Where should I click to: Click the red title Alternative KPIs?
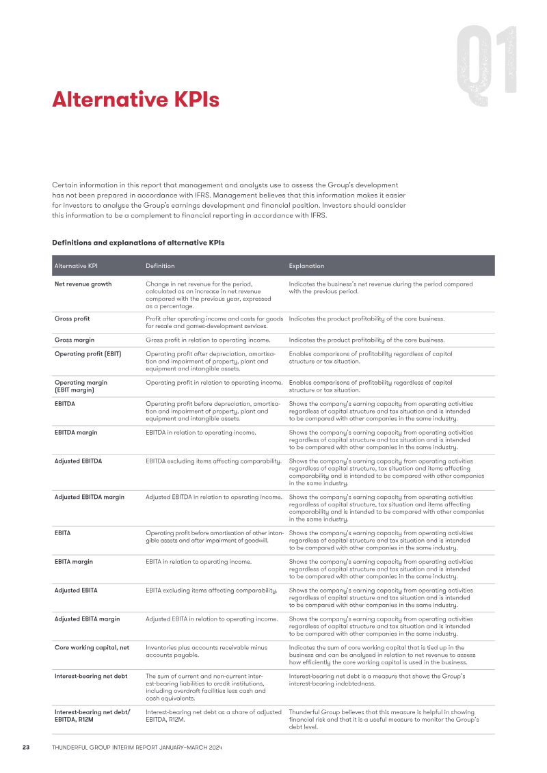tap(135, 100)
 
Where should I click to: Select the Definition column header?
tap(160, 266)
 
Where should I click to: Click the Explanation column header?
tap(306, 266)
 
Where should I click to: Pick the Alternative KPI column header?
tap(75, 266)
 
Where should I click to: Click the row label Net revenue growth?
tap(83, 284)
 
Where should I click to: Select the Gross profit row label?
tap(72, 318)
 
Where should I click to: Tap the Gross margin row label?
tap(75, 340)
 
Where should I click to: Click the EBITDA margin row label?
tap(76, 433)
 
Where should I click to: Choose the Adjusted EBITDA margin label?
tap(90, 497)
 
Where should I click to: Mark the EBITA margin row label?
tap(74, 562)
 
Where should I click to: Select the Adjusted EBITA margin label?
tap(87, 619)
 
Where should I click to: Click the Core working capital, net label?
tap(92, 647)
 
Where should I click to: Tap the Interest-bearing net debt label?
tap(91, 676)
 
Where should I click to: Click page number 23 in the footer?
tap(25, 748)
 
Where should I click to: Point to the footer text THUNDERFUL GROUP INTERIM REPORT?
tap(137, 748)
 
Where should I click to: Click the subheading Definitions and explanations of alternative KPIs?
tap(138, 243)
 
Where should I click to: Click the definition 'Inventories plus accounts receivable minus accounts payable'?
tap(206, 651)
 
